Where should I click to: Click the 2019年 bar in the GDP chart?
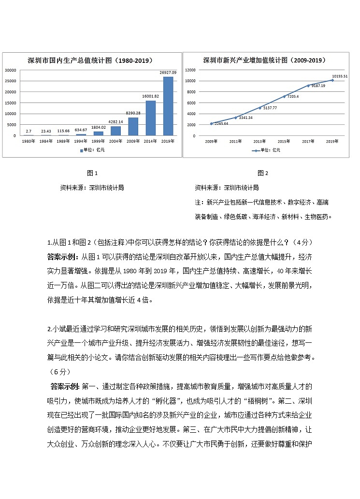(x=168, y=106)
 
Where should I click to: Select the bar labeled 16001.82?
(x=151, y=118)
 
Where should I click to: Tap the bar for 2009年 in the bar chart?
(x=133, y=126)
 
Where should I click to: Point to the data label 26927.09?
(x=168, y=73)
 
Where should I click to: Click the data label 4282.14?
(x=115, y=122)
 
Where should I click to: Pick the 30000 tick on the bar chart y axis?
(x=11, y=70)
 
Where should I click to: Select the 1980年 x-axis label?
(x=28, y=141)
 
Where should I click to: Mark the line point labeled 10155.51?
(x=332, y=80)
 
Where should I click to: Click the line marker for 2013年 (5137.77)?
(x=260, y=107)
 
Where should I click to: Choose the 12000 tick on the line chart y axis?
(x=190, y=70)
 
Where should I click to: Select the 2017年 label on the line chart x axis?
(x=308, y=141)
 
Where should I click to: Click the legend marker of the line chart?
(x=255, y=150)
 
